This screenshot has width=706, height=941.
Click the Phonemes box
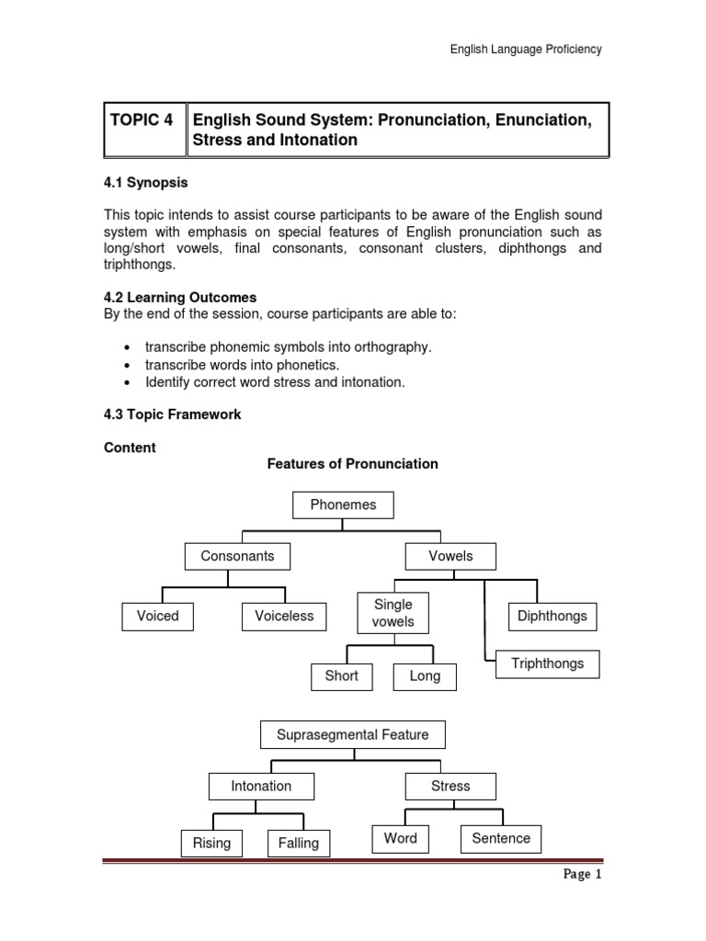(x=343, y=505)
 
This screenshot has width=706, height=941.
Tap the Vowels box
(x=450, y=556)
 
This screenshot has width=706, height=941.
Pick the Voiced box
(x=157, y=616)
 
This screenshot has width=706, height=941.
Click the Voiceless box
(x=284, y=616)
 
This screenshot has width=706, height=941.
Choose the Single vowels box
(x=393, y=613)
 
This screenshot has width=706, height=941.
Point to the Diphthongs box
(x=552, y=617)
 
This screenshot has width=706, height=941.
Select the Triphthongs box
(x=548, y=664)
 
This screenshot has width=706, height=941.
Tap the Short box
(x=342, y=676)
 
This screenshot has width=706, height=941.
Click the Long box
(x=425, y=677)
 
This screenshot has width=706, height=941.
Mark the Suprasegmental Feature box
(x=353, y=735)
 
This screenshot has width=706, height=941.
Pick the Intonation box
(x=261, y=787)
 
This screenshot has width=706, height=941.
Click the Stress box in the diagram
(x=450, y=787)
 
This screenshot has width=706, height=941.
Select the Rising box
(x=212, y=843)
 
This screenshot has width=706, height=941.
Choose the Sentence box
(x=501, y=838)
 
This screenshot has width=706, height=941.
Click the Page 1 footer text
(x=581, y=875)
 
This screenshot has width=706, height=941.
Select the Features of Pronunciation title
(x=352, y=464)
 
